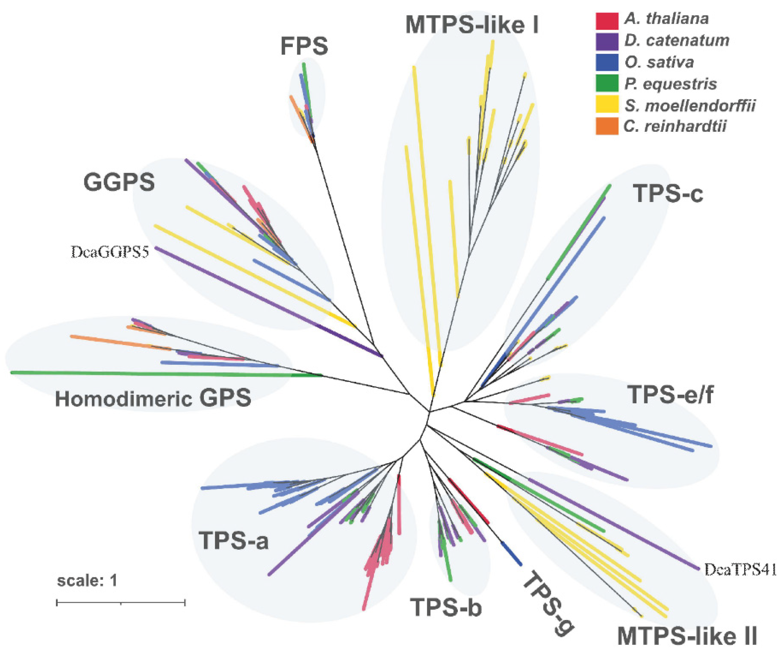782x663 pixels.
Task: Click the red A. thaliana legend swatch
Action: click(606, 21)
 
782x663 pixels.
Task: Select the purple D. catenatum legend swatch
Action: click(606, 42)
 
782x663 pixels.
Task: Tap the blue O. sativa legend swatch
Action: click(606, 62)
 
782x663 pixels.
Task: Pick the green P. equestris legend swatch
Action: click(606, 83)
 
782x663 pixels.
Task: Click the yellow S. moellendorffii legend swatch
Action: click(606, 104)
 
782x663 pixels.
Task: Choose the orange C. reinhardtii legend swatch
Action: click(606, 126)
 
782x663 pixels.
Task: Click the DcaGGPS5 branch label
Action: click(110, 252)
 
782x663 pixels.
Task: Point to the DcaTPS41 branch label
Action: click(740, 570)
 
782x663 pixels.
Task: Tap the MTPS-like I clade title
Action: click(472, 25)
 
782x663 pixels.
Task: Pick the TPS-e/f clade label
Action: click(670, 394)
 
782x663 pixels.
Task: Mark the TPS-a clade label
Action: click(233, 540)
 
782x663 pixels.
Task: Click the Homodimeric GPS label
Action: click(153, 398)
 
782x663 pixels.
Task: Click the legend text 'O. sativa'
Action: click(659, 62)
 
